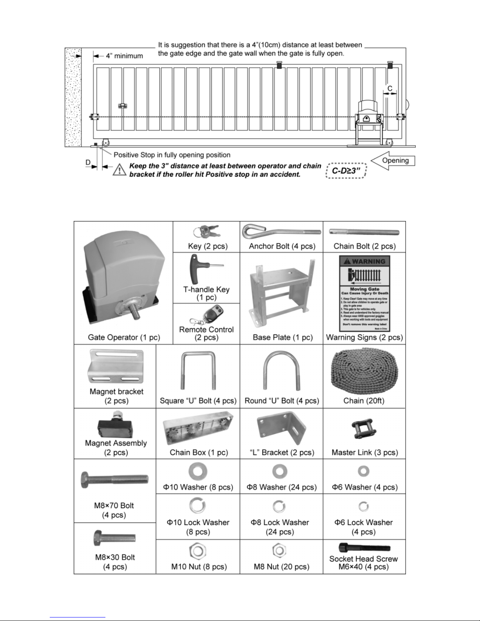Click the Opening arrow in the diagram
[393, 161]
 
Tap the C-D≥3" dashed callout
[346, 171]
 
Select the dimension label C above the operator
[390, 89]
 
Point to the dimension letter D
[88, 162]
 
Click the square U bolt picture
[198, 371]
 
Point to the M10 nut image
[197, 551]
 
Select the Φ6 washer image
[363, 471]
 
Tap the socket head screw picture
[364, 548]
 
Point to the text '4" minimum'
[124, 56]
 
